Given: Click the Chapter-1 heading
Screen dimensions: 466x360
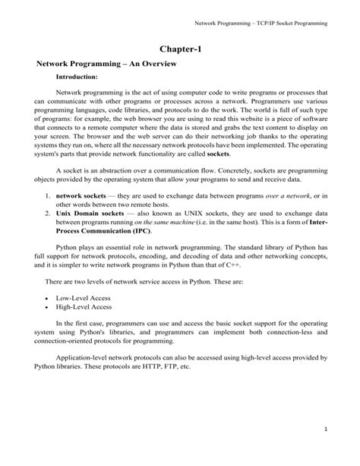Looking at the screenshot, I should coord(180,48).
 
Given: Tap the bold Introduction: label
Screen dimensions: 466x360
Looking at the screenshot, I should coord(77,78).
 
